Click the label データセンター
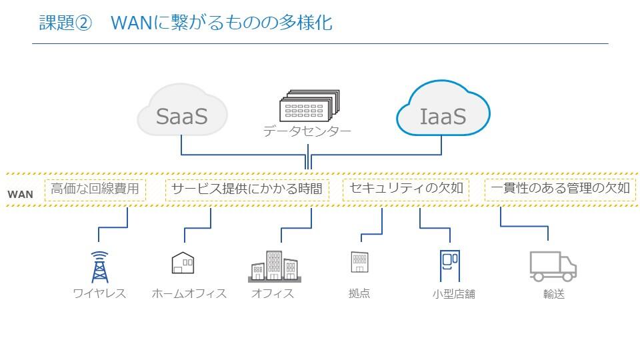coord(307,131)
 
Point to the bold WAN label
coord(20,195)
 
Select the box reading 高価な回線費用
coord(95,189)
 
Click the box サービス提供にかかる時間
coord(247,189)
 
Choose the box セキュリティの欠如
coord(406,189)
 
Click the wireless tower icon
coord(99,267)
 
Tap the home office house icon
coord(183,263)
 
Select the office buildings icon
coord(273,266)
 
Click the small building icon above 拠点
coord(359,262)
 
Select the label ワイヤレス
coord(99,293)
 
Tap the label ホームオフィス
coord(189,293)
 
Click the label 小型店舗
coord(453,294)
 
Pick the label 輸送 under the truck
coord(553,294)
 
